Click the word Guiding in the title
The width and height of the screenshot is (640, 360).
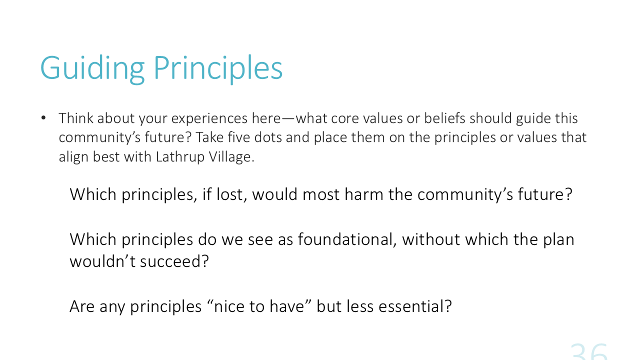[92, 68]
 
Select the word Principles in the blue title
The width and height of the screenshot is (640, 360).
[218, 68]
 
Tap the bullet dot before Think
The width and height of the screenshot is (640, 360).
[43, 117]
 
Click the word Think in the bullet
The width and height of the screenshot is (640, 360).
[76, 118]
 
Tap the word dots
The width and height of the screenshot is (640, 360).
[267, 137]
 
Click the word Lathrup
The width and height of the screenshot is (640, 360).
[179, 157]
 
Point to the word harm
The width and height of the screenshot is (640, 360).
[364, 194]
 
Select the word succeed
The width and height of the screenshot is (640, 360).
[174, 261]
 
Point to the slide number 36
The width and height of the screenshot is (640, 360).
[589, 352]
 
